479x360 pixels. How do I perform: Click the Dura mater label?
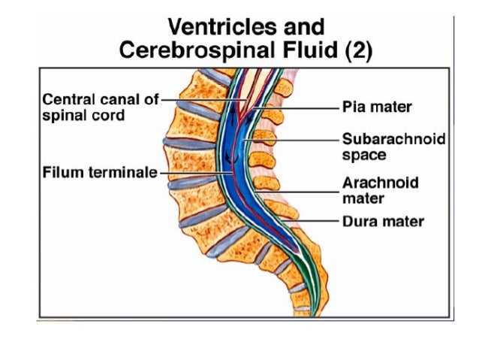[383, 222]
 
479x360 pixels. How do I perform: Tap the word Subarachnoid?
[393, 140]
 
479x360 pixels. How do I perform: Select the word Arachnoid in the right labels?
[380, 183]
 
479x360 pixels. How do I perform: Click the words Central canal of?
[100, 100]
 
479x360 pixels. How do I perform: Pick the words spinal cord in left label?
[83, 116]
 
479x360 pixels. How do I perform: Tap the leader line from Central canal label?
[199, 100]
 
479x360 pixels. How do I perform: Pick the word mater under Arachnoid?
[363, 199]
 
